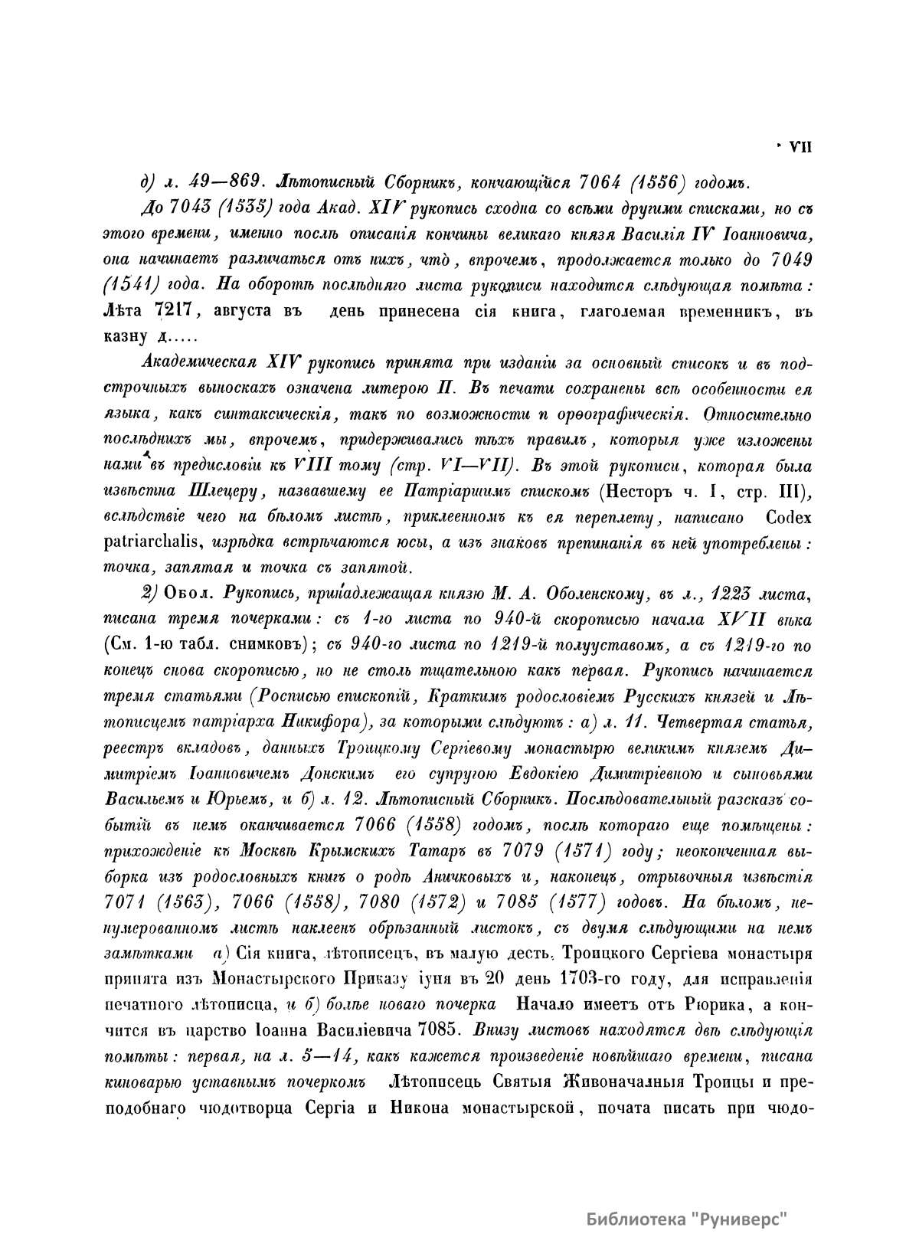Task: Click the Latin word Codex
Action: [x=788, y=518]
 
